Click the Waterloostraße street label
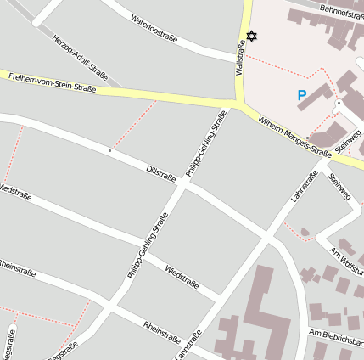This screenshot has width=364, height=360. click(154, 30)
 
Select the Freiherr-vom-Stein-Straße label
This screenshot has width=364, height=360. click(53, 82)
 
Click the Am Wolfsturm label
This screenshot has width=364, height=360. click(346, 256)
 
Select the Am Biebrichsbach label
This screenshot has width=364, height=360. click(337, 338)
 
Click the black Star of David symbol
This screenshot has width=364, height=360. click(251, 37)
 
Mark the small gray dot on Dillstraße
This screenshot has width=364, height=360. click(109, 150)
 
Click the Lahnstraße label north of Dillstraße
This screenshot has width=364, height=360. click(304, 184)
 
